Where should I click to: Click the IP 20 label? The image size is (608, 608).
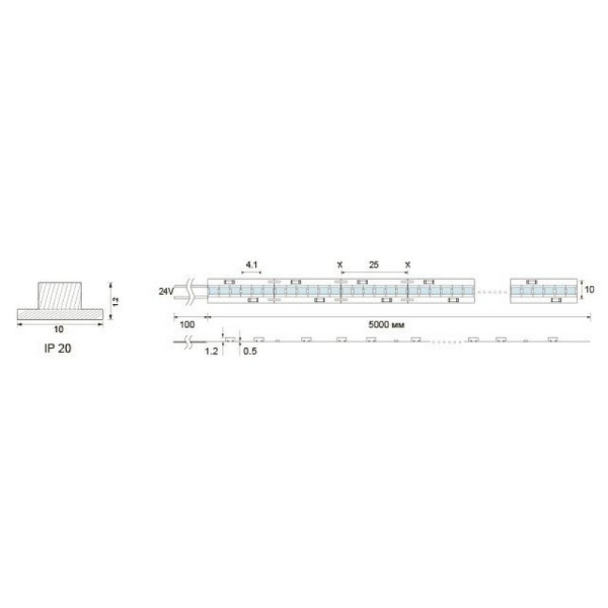(x=58, y=348)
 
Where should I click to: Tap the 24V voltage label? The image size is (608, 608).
(x=166, y=291)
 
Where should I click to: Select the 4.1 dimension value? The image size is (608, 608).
(x=252, y=264)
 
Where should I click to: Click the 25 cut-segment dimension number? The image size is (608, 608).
(x=374, y=264)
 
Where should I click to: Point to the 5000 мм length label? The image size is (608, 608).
(x=386, y=325)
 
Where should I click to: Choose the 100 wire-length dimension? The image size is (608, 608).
(x=187, y=325)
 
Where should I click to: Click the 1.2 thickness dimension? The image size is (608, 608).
(x=211, y=351)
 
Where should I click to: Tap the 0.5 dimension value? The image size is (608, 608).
(x=250, y=351)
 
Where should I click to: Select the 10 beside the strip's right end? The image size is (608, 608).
(x=589, y=290)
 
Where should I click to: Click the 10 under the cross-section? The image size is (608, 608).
(x=59, y=329)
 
